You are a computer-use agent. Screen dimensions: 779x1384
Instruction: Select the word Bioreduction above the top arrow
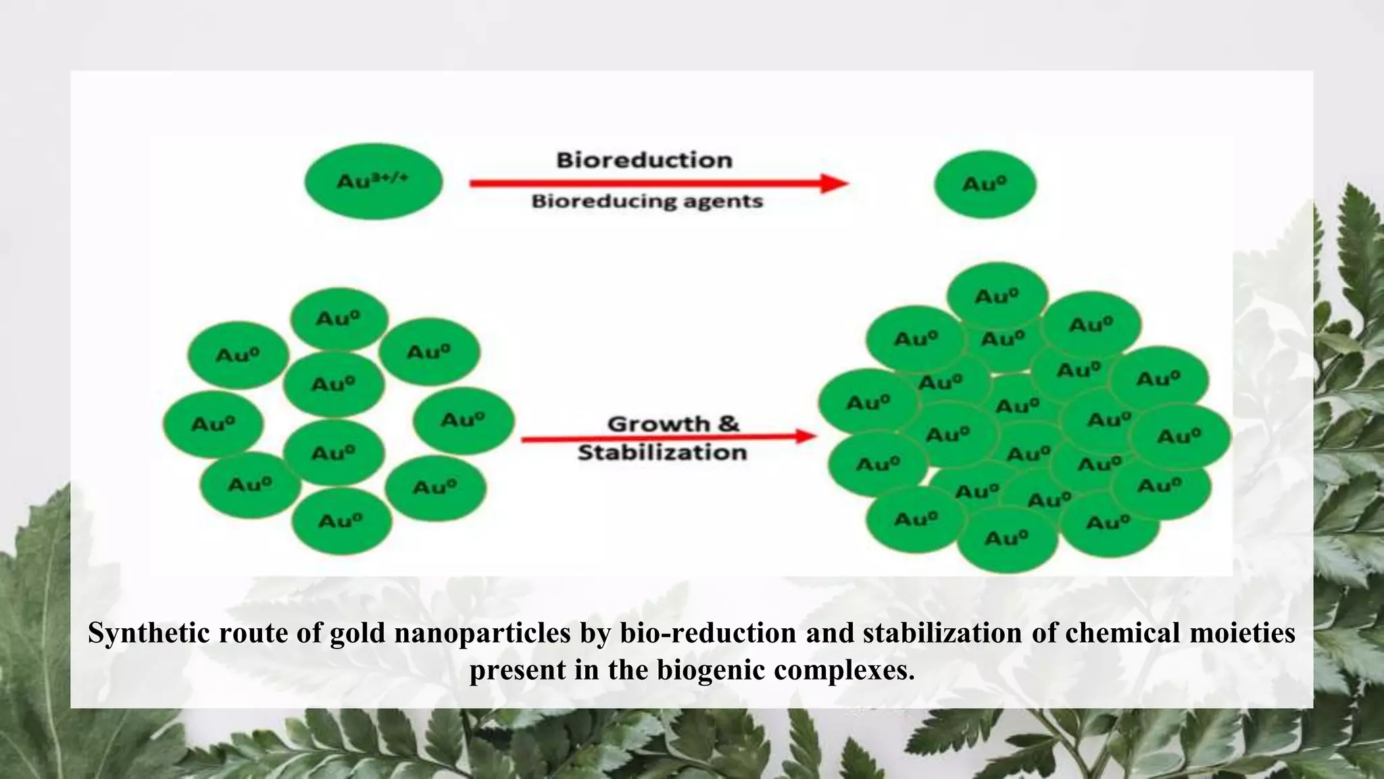pos(644,160)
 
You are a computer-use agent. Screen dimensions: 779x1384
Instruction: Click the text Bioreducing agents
pos(647,202)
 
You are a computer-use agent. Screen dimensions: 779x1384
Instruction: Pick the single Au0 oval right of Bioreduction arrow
pos(985,184)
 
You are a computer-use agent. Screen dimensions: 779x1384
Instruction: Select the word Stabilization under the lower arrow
pos(662,452)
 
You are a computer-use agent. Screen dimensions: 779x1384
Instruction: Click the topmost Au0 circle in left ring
pos(339,318)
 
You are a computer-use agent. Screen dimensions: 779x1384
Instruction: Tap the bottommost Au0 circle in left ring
pos(341,521)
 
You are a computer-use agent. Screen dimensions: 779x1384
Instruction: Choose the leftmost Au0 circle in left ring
pos(213,424)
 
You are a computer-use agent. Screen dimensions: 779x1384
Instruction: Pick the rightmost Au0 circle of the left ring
pos(464,420)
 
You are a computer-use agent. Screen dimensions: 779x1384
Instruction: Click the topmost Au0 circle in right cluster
pos(997,296)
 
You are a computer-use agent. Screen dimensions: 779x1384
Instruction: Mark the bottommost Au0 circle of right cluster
pos(1007,538)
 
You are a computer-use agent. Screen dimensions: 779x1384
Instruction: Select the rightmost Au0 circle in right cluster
pos(1180,436)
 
